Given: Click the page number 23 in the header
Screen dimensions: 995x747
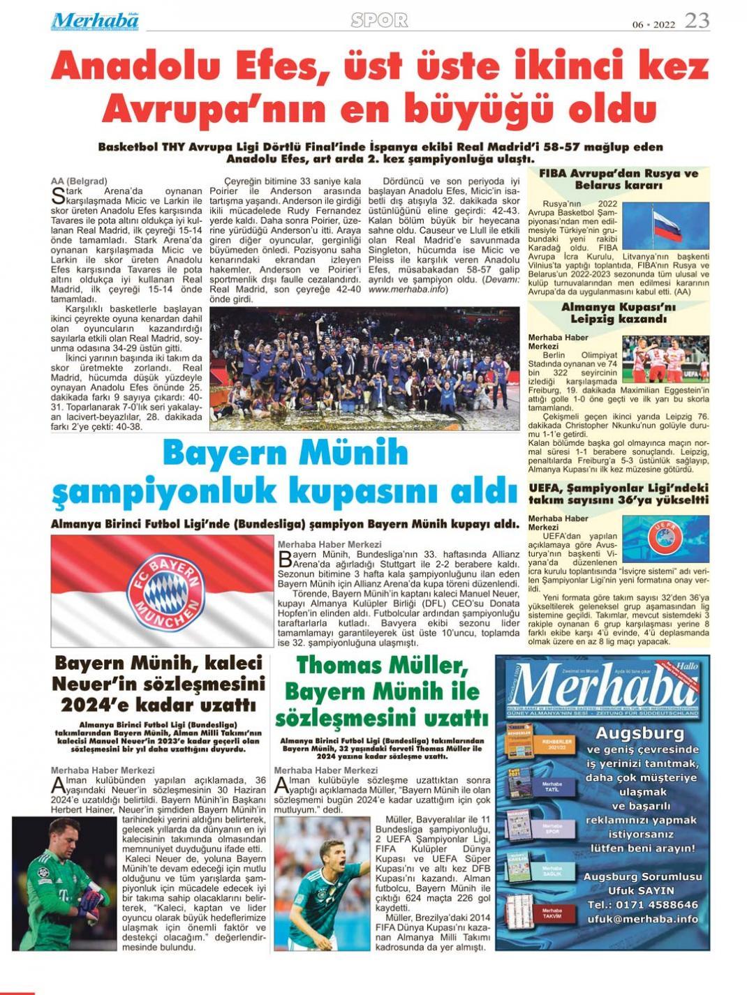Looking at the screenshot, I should [x=696, y=20].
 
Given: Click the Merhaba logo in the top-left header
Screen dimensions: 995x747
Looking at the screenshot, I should [x=95, y=21].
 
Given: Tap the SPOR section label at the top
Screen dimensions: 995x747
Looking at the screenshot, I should [x=379, y=21].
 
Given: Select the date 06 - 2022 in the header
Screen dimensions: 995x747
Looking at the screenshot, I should [x=653, y=24].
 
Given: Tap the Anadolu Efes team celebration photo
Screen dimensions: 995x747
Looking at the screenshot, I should [x=364, y=368].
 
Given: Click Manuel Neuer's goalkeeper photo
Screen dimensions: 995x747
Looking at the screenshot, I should [x=60, y=883].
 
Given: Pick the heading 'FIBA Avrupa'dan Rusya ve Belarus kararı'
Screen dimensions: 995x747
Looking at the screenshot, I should [x=619, y=179].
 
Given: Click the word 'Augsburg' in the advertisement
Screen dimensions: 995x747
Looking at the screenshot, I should [x=639, y=733].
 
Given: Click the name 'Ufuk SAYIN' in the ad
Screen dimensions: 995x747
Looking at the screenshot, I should [x=641, y=890].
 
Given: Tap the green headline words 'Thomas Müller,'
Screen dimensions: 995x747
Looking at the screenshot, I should [x=381, y=665].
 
